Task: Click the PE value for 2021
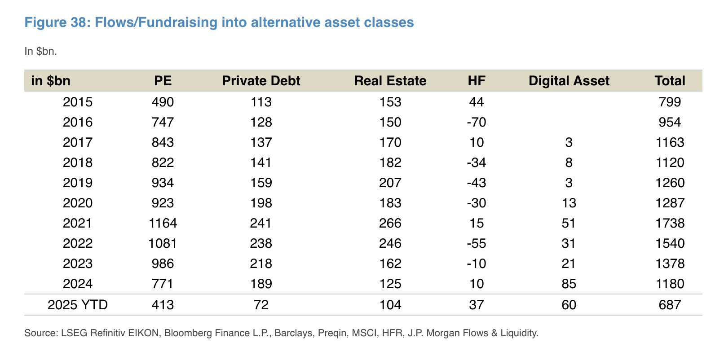click(x=163, y=223)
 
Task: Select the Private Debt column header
click(x=261, y=81)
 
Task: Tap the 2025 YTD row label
click(x=78, y=305)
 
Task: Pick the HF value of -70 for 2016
click(x=476, y=122)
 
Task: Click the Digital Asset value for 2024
click(x=569, y=284)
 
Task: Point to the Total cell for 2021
click(x=670, y=223)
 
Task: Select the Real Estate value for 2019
click(x=390, y=183)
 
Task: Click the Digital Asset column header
click(x=569, y=81)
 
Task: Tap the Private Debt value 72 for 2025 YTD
click(x=261, y=305)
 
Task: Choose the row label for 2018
click(x=78, y=162)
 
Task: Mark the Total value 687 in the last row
click(x=670, y=305)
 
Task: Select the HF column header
click(x=476, y=81)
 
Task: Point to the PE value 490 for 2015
click(x=163, y=102)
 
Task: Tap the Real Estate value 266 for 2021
click(x=390, y=223)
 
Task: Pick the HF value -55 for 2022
click(x=476, y=243)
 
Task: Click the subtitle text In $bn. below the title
click(x=40, y=51)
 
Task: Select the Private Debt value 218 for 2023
click(x=261, y=263)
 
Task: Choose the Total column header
click(x=670, y=81)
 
